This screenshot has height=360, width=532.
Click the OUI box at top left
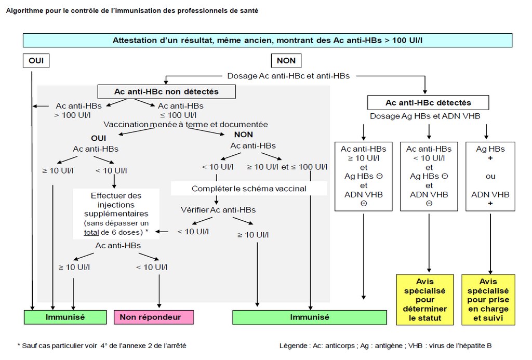coord(36,60)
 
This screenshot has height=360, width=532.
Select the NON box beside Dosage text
coord(286,60)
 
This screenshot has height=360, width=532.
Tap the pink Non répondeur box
coord(153,317)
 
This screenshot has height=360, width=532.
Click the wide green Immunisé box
coord(309,317)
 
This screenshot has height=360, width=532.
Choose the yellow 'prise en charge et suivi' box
coord(488,300)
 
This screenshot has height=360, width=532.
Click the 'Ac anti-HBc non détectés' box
coord(166,91)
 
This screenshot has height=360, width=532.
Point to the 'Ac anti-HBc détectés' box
coord(428,102)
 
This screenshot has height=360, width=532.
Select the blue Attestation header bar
coord(268,40)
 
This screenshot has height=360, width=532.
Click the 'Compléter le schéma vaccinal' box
coord(249,188)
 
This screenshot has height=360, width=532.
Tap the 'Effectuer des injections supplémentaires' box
coord(116,214)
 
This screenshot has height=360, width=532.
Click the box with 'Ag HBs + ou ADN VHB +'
coord(490,176)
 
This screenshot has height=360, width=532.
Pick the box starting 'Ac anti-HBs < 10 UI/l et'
coord(429,176)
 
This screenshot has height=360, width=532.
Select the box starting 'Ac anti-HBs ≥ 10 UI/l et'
coord(363,176)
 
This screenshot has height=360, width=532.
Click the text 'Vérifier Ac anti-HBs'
coord(218,210)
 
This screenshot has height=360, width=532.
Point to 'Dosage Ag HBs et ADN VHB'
coord(425,116)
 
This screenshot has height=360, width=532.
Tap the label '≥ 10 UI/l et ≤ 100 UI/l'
coord(287,167)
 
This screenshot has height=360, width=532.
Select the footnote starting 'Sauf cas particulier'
coord(102,345)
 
